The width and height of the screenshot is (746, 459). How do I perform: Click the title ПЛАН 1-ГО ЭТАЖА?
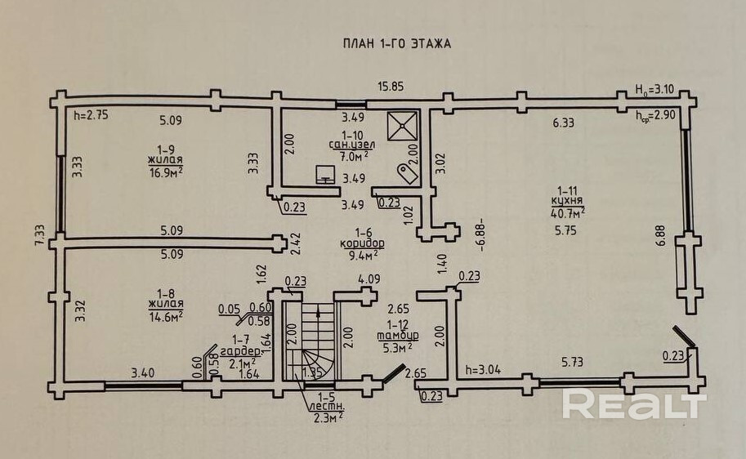pos(397,44)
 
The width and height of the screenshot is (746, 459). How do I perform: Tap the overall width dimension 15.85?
pos(391,87)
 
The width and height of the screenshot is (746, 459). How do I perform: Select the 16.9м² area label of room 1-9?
pos(166,172)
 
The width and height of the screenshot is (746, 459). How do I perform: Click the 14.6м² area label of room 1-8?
pos(166,317)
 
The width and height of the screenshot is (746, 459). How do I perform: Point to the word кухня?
pos(567,201)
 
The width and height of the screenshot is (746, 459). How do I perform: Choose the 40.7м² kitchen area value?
pos(568,212)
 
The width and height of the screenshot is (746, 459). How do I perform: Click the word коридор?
pos(363,243)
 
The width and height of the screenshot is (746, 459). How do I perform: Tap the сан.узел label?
pos(352,145)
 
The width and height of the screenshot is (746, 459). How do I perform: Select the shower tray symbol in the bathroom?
pos(402,127)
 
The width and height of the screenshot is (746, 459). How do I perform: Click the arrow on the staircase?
pos(318,312)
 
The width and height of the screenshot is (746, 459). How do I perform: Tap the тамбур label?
pos(398,336)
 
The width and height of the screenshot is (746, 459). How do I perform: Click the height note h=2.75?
pos(92,115)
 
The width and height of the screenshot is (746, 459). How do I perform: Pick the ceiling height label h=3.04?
pos(484,370)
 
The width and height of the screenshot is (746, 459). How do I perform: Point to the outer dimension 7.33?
pos(40,235)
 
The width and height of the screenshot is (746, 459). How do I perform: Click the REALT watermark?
pos(634,403)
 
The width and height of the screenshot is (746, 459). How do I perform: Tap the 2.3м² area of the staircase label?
pos(328,418)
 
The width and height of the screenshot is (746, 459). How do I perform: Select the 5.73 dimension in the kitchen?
pos(572,363)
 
